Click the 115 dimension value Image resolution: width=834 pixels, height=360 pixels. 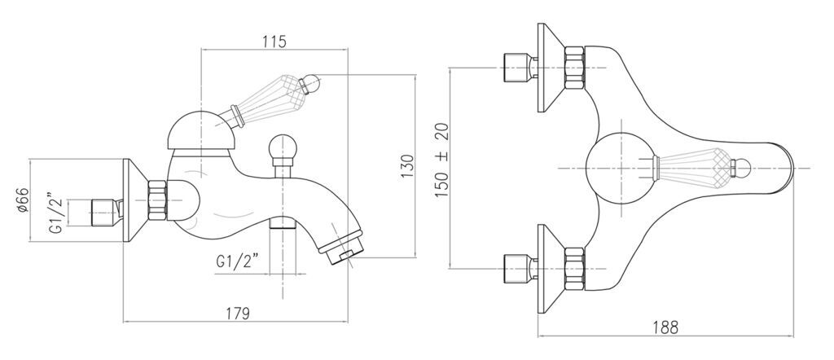tap(274, 41)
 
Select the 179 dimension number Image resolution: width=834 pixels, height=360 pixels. tap(237, 314)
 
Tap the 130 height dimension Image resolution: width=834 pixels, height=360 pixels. tap(407, 166)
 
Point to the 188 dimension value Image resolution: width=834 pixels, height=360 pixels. tap(666, 327)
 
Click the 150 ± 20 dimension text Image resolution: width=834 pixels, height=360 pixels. tap(442, 160)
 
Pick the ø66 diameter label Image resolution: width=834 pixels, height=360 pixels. tap(23, 200)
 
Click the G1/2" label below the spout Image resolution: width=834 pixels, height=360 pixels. tap(238, 261)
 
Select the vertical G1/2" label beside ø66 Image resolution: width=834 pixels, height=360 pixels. tap(56, 213)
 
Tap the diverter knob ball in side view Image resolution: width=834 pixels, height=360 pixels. tap(283, 146)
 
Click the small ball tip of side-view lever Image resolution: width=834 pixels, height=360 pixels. tap(311, 84)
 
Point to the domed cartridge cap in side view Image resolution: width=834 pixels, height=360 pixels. tap(202, 131)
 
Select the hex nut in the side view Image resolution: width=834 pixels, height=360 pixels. tap(157, 200)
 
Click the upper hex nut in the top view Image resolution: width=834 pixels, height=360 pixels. tap(574, 68)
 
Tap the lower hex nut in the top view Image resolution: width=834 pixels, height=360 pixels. tap(574, 269)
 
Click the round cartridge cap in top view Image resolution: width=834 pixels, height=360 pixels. tap(619, 168)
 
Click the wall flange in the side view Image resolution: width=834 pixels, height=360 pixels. tap(135, 200)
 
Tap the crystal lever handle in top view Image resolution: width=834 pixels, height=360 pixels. tap(701, 168)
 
